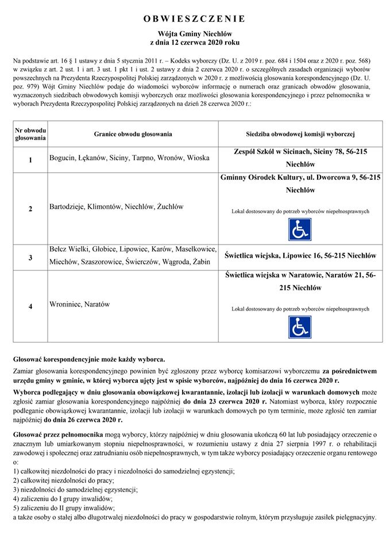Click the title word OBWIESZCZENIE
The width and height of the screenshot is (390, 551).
point(194,19)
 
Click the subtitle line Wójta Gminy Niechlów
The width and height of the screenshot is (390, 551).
point(194,34)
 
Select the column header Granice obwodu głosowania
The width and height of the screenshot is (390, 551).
point(133,134)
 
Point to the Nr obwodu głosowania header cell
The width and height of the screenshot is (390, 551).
point(30,134)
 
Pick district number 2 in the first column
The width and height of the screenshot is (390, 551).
point(30,209)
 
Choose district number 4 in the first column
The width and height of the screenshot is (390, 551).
point(30,306)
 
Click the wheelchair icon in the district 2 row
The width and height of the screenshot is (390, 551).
point(299,229)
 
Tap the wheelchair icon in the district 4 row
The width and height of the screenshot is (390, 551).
point(299,327)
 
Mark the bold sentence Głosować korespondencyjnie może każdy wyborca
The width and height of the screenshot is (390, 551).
point(89,359)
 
